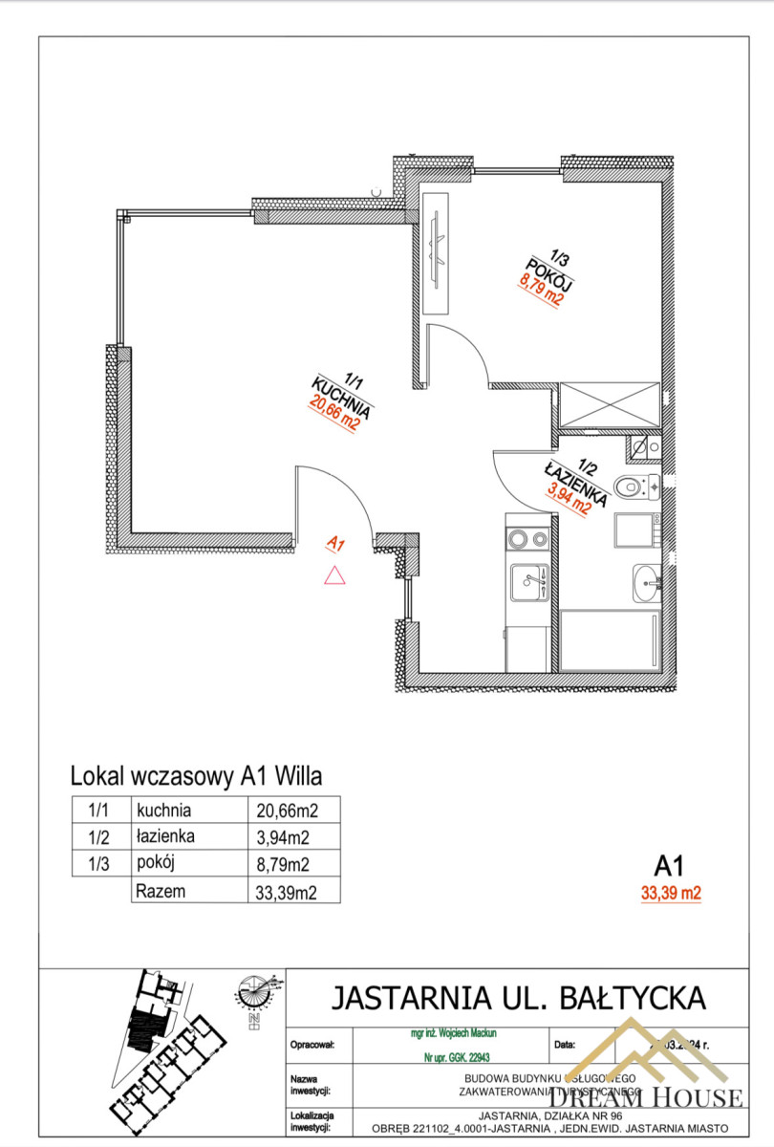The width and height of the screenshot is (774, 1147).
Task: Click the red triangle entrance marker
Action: [333, 574]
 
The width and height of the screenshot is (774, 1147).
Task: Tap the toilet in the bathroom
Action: [634, 487]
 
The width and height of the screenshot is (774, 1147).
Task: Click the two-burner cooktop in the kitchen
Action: [528, 539]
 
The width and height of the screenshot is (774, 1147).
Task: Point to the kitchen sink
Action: [528, 581]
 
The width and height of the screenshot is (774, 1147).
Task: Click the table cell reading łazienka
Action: [166, 837]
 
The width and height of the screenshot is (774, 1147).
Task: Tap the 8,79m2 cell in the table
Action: [284, 865]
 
